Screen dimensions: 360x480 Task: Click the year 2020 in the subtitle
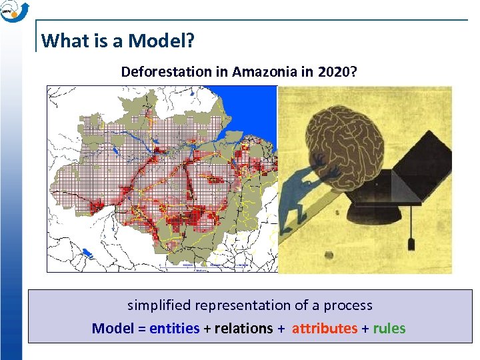click(332, 71)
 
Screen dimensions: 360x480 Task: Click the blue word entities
click(175, 328)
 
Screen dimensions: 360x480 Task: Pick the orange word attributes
click(325, 328)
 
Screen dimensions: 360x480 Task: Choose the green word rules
click(389, 328)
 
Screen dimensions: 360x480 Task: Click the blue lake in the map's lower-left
click(87, 253)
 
